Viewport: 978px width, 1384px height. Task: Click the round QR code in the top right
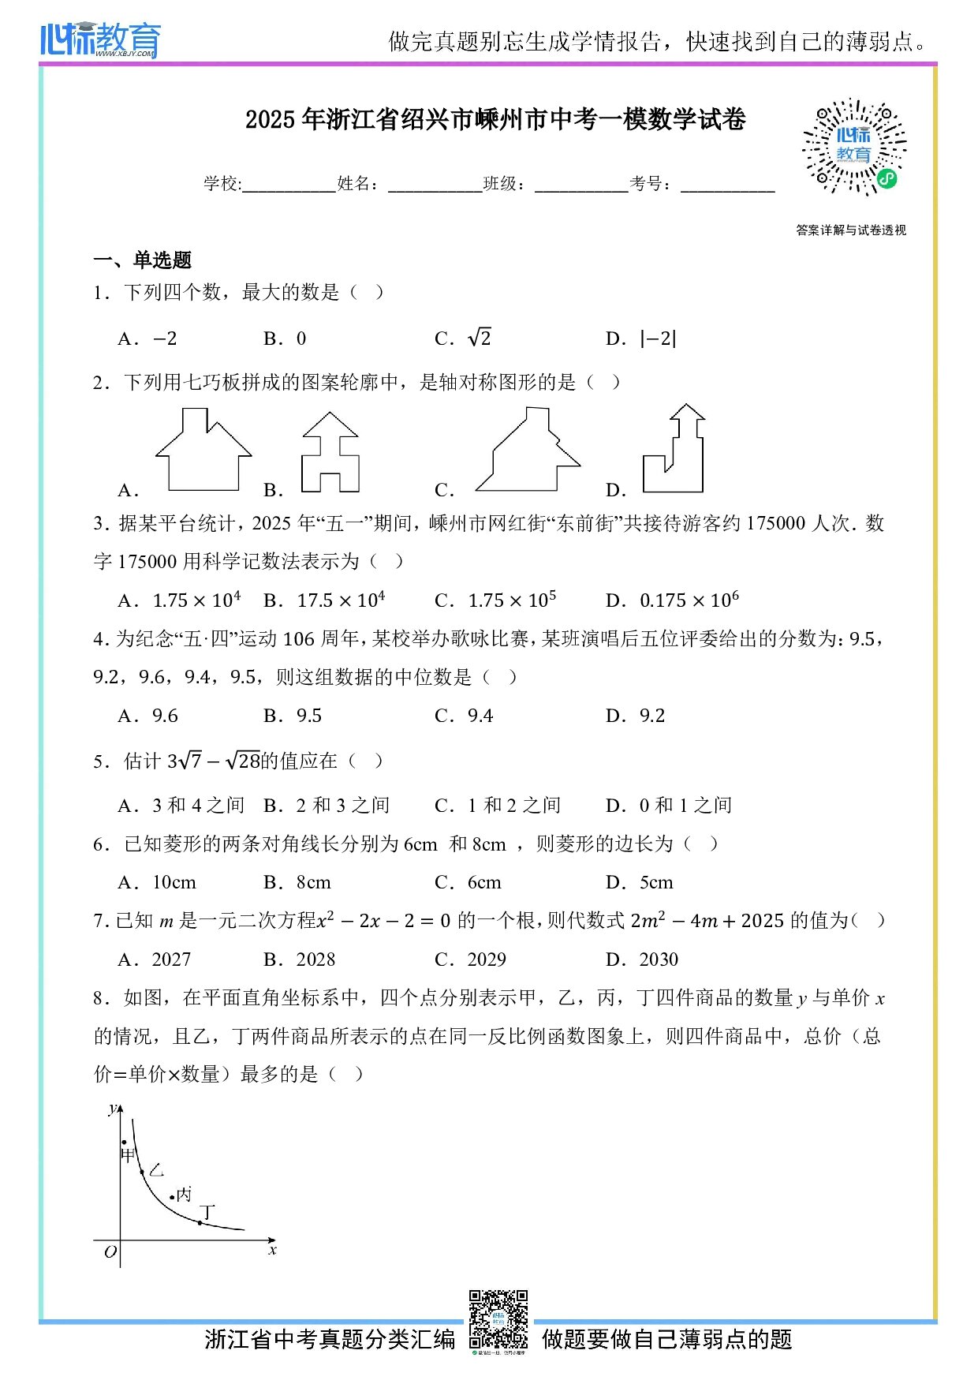pos(854,147)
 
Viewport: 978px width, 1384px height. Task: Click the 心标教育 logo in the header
pos(100,39)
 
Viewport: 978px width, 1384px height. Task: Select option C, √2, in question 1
pos(479,339)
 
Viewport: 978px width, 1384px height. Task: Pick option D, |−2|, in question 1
pos(658,339)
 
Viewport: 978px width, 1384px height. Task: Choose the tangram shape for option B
pos(330,454)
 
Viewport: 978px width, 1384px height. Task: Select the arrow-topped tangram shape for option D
pos(674,450)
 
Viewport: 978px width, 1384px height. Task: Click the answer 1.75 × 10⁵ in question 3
pos(512,600)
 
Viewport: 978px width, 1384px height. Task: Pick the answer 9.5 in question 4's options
pos(308,716)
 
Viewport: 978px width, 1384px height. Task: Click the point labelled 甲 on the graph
pos(124,1142)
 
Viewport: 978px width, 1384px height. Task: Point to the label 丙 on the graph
pos(185,1194)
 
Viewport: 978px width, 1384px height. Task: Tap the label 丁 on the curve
pos(207,1211)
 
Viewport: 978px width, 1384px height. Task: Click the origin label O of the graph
pos(110,1251)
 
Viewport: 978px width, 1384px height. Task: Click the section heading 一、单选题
pos(143,260)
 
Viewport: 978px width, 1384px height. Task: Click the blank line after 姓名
pos(435,186)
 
